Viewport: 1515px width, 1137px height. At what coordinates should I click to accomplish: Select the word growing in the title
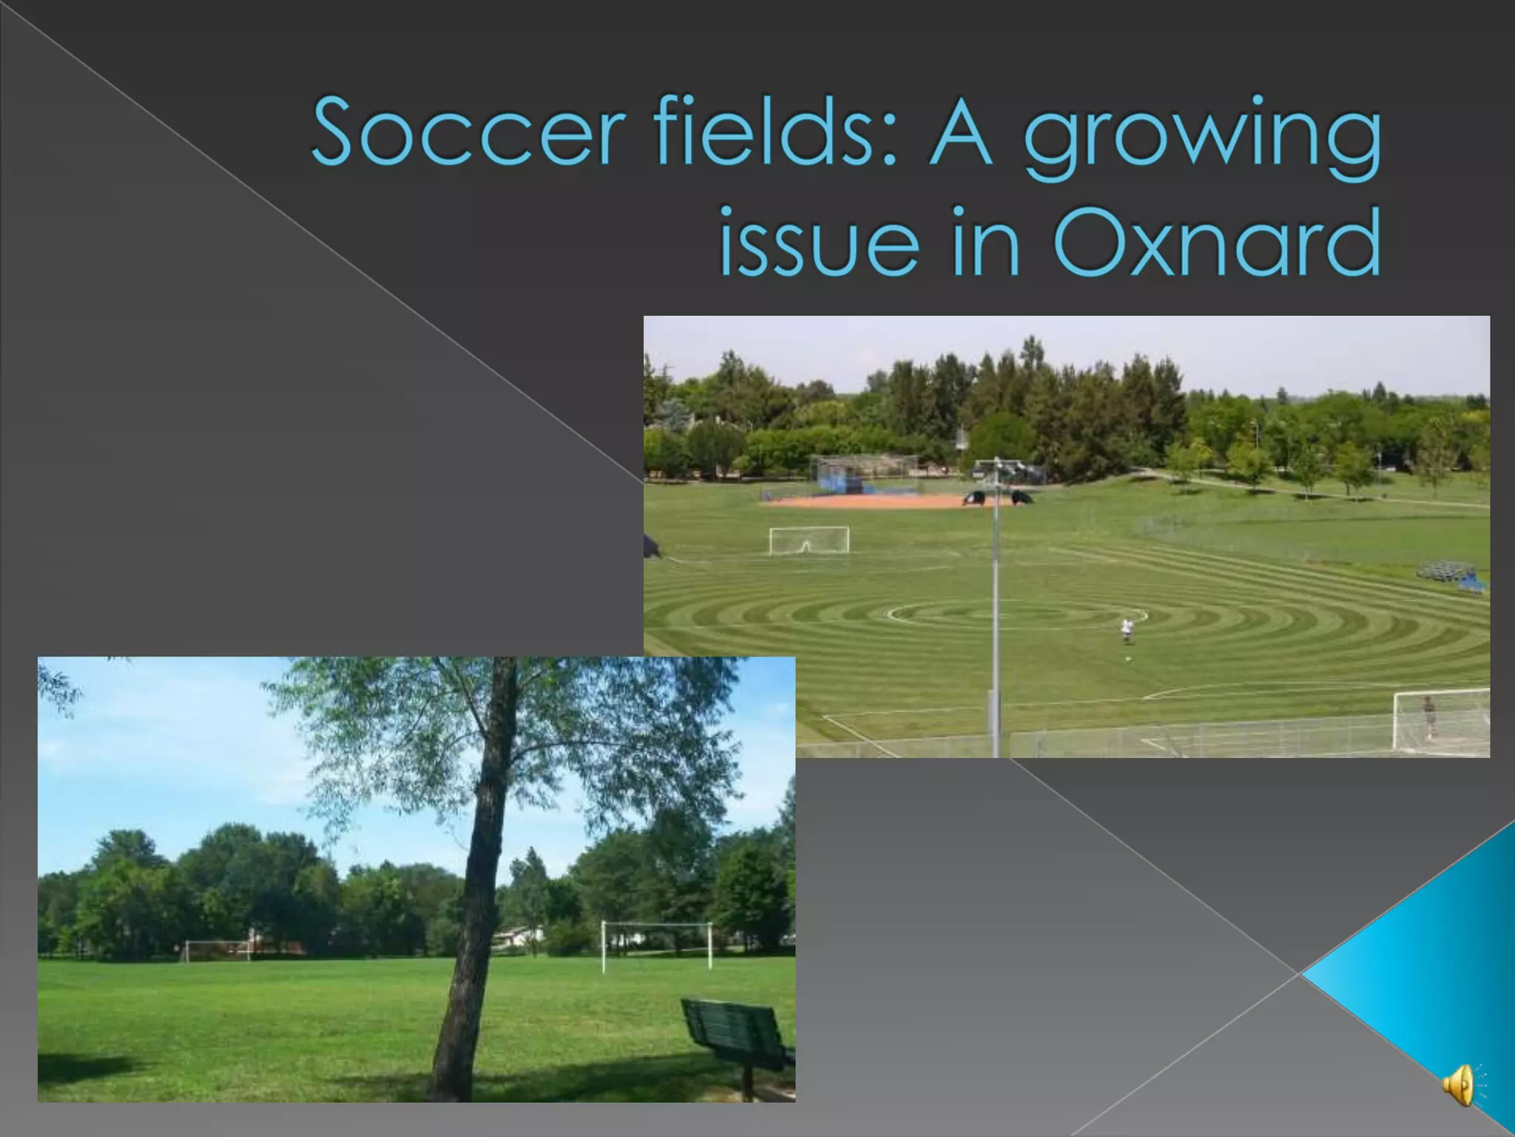tap(1202, 137)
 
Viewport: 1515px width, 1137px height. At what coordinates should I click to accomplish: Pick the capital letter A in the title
tap(960, 132)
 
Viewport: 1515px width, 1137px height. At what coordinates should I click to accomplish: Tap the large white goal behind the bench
tap(656, 945)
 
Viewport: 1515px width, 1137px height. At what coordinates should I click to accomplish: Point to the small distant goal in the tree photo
tap(216, 949)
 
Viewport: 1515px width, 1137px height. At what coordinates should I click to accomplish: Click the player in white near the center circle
tap(1126, 629)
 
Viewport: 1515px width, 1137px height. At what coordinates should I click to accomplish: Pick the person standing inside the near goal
tap(1429, 717)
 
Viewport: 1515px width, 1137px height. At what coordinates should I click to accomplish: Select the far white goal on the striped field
tap(809, 540)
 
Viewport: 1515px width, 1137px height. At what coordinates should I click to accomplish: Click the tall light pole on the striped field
tap(996, 607)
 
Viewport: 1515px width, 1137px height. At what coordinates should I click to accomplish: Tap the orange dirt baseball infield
tap(873, 501)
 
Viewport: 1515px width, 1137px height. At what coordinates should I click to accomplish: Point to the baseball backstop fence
tap(866, 473)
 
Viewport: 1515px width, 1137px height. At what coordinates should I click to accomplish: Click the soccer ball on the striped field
tap(1127, 658)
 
